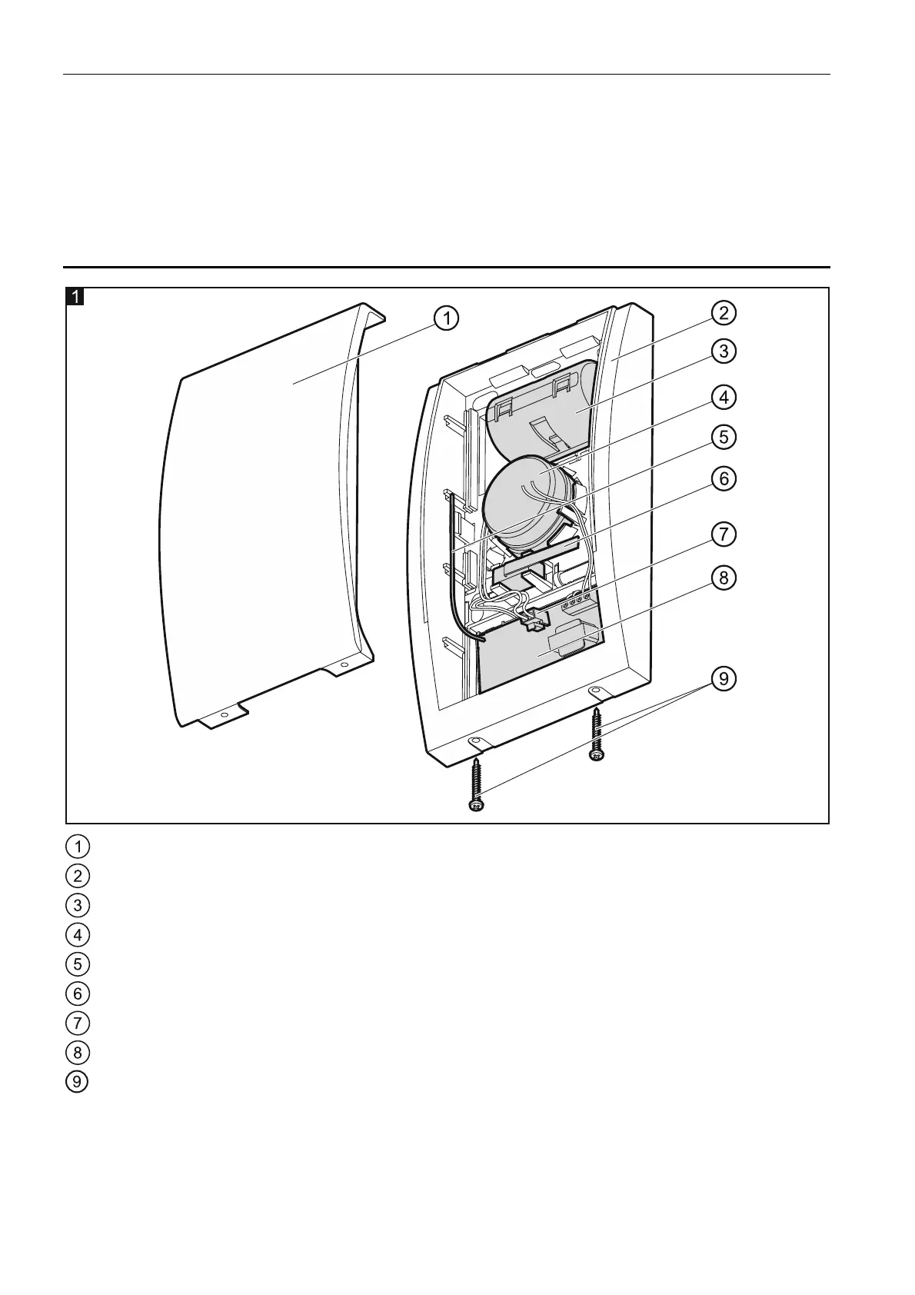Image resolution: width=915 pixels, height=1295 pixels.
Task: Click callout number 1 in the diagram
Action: (446, 317)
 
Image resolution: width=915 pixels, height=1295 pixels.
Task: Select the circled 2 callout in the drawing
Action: (724, 313)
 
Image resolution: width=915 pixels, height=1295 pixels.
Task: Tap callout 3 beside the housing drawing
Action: (724, 351)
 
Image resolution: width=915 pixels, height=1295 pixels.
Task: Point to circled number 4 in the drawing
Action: (724, 398)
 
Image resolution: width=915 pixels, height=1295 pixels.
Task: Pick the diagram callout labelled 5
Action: (724, 437)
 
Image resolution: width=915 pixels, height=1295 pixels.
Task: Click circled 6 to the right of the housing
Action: (724, 478)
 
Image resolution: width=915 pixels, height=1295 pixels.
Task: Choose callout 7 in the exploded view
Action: (724, 534)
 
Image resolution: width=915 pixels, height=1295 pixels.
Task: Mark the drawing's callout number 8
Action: (724, 577)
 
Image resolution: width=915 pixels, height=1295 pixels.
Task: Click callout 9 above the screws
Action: (724, 679)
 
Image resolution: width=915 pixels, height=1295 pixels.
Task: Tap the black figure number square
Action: (75, 296)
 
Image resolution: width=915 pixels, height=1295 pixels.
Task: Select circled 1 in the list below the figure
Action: (78, 846)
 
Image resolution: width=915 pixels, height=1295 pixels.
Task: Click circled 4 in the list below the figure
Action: (78, 934)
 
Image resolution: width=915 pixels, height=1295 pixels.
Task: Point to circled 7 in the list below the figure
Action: (78, 1023)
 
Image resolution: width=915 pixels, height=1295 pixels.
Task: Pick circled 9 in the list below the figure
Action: (78, 1081)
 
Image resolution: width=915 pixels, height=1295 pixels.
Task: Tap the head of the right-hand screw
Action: (596, 755)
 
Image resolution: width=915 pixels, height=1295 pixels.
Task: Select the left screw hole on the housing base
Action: (474, 740)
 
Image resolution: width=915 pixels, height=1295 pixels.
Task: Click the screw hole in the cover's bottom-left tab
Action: (224, 715)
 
